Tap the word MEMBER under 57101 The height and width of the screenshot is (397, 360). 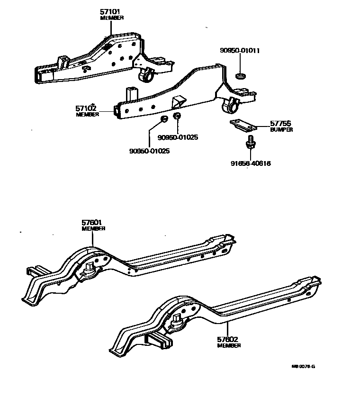(112, 18)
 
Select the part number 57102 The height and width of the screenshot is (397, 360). (86, 108)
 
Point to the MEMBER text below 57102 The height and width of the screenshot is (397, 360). (87, 114)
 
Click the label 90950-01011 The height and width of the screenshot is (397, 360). (239, 50)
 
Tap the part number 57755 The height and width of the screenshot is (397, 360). (280, 123)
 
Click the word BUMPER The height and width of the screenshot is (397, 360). (281, 129)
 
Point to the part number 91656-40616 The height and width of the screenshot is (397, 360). (251, 163)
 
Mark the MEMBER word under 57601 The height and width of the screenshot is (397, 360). (93, 228)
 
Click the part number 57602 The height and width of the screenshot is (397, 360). (228, 340)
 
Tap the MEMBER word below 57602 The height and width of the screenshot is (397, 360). (229, 346)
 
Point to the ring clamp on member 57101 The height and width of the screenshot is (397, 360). (147, 74)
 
